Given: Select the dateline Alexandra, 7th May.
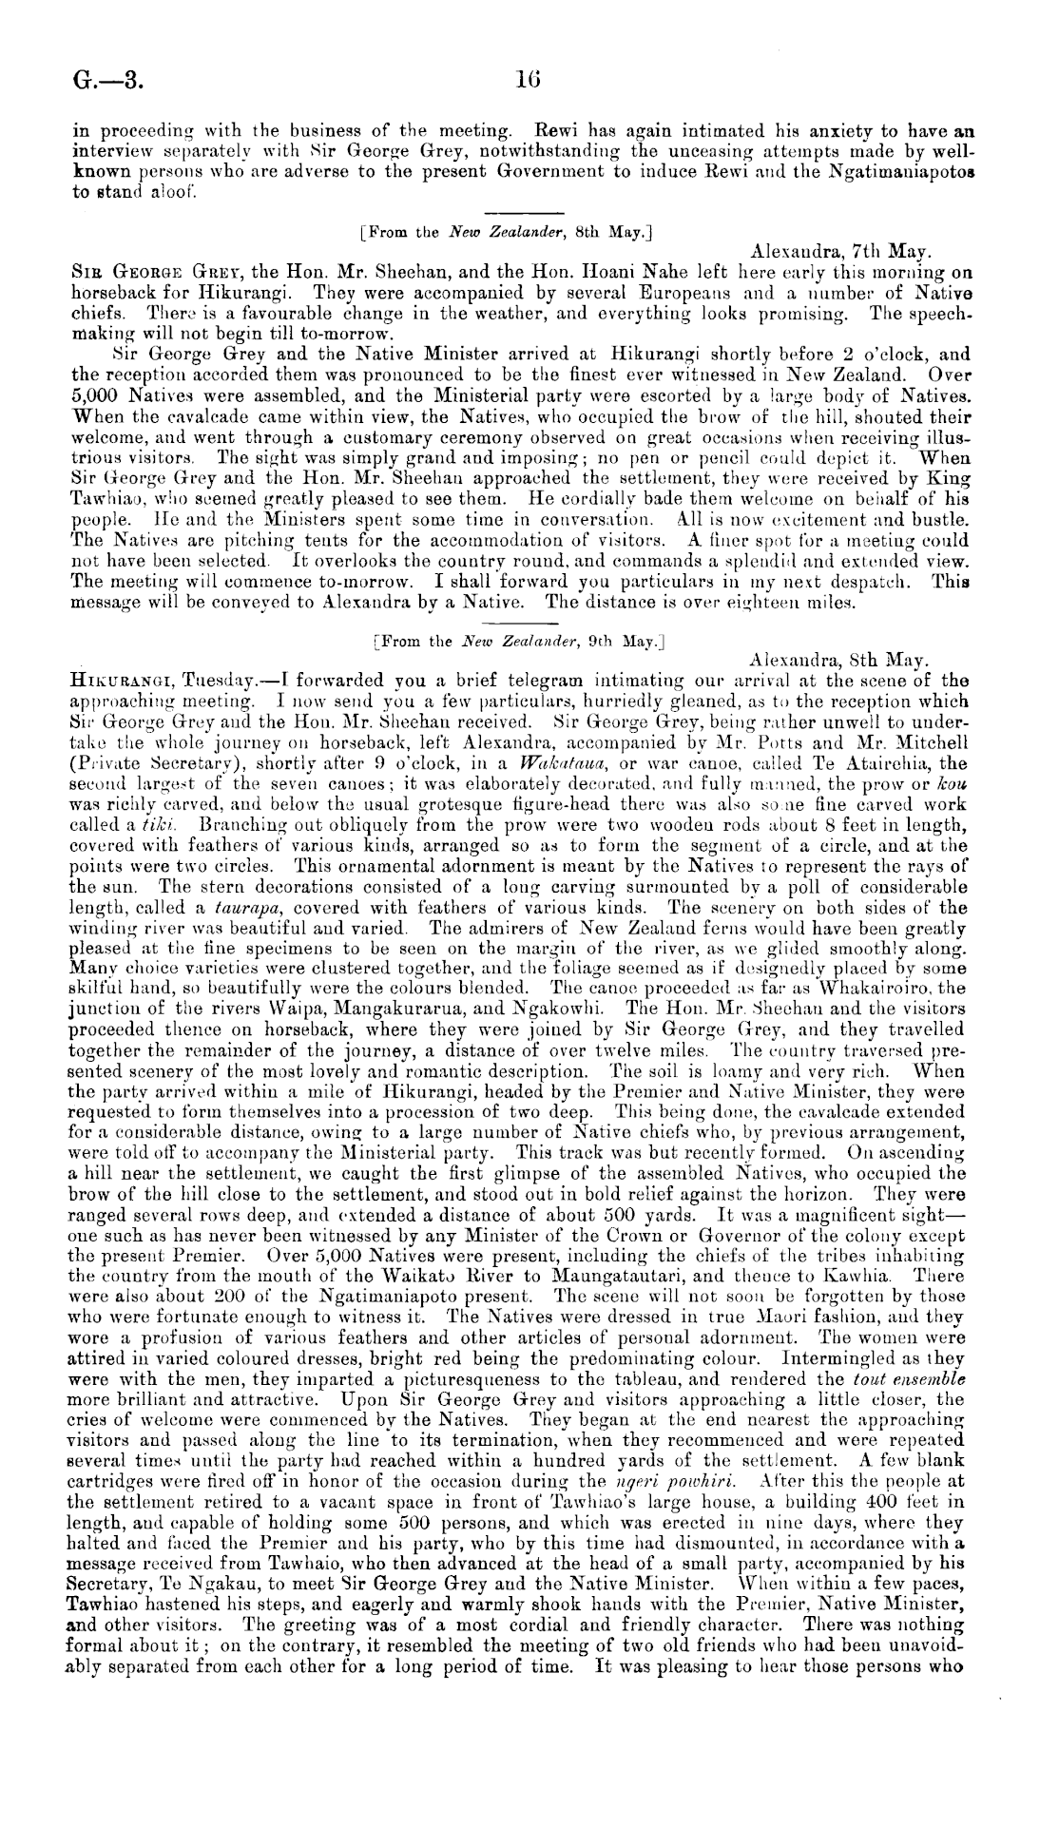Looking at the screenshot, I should coord(838,254).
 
